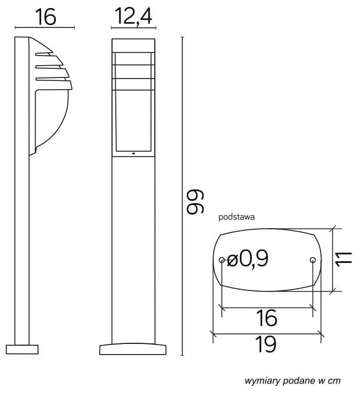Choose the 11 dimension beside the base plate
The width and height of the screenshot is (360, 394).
(x=345, y=258)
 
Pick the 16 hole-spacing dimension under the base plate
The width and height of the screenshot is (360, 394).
(x=266, y=318)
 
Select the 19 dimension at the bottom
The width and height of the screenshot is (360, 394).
(x=266, y=345)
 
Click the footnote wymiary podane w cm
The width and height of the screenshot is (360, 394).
(x=292, y=381)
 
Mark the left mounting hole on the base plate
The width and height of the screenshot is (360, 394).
(x=221, y=260)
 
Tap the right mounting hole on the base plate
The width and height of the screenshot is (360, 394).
(x=313, y=260)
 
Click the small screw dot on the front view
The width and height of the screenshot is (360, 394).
(x=133, y=154)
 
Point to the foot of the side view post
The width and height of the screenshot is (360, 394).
(x=22, y=349)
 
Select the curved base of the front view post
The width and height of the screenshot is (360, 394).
(x=133, y=349)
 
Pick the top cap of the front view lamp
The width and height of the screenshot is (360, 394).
(x=133, y=45)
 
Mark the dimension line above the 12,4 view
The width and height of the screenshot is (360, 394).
(x=133, y=27)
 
